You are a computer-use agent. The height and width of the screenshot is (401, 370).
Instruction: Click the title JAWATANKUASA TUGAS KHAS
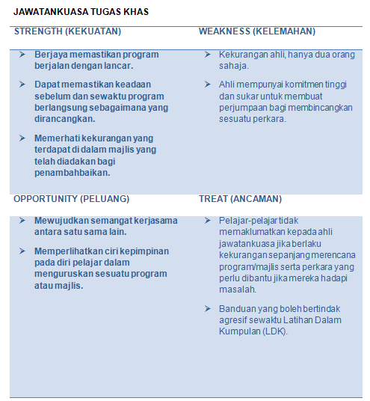pos(81,12)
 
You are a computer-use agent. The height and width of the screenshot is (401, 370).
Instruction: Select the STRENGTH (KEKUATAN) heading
pos(67,31)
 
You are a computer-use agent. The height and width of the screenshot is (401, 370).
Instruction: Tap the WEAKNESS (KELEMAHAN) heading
pos(256,31)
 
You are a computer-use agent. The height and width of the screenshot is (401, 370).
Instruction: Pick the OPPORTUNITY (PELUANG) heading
pos(71,199)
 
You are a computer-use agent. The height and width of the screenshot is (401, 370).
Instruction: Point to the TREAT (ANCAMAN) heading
pos(240,199)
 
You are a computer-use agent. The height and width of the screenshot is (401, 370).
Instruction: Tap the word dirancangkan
pos(64,118)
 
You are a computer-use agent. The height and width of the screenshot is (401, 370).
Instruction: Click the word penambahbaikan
pos(72,173)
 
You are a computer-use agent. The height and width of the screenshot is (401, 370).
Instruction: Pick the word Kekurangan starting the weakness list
pos(244,55)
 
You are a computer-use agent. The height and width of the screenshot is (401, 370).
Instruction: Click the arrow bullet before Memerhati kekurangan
pos(22,138)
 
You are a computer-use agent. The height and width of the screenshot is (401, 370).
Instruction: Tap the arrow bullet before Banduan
pos(208,308)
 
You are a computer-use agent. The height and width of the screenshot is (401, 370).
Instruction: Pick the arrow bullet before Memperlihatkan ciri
pos(22,251)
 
